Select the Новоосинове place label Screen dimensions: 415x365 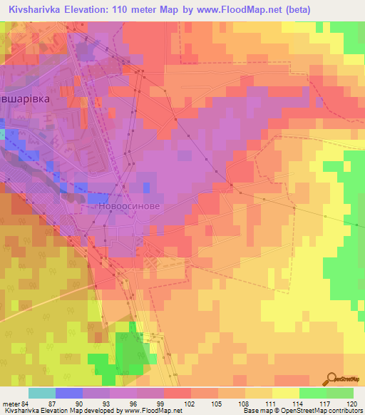coord(129,205)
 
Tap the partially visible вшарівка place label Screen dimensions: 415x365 coord(26,100)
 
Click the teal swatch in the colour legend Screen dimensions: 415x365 coord(42,394)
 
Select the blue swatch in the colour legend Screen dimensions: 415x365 coord(69,394)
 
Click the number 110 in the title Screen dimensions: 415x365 coord(130,9)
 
